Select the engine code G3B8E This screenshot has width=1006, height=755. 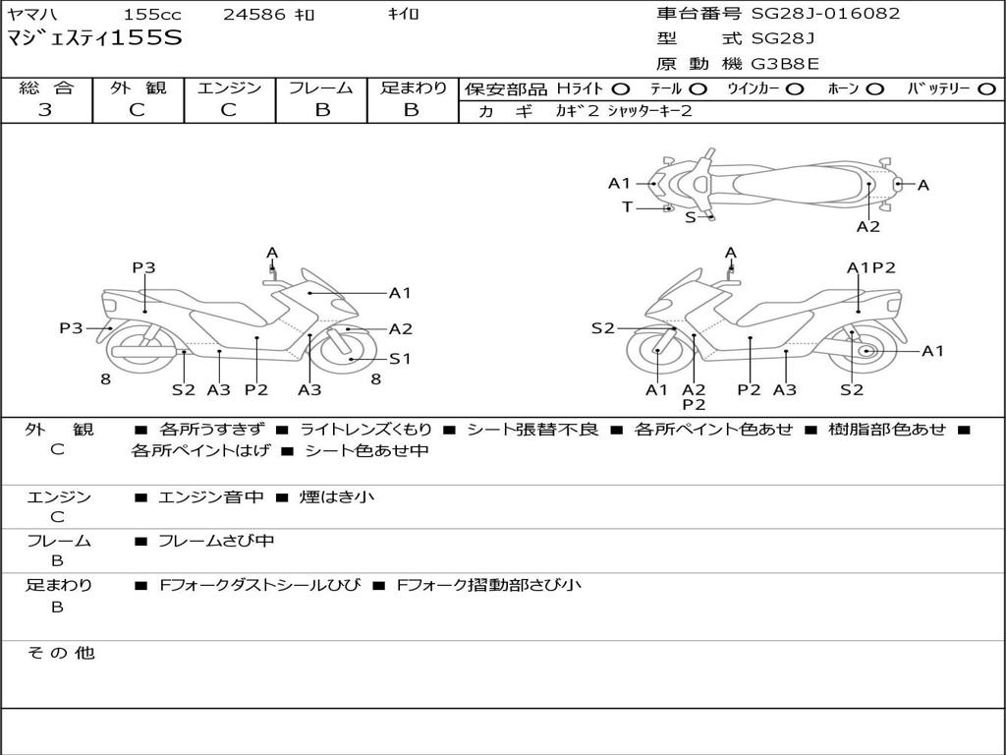(785, 65)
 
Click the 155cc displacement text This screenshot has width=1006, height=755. (152, 15)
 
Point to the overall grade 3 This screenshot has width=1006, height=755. (45, 110)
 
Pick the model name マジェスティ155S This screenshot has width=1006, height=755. (94, 39)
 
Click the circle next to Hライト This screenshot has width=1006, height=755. (622, 89)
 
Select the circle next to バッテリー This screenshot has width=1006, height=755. (986, 89)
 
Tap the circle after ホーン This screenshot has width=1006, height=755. (875, 89)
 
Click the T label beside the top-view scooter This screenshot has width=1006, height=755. (627, 206)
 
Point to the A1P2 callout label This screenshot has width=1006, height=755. (870, 267)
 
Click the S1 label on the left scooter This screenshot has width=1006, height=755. (400, 359)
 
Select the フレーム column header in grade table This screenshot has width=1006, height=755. (321, 87)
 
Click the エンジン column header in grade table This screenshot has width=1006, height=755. (229, 87)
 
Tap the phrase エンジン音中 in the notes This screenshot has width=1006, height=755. (211, 497)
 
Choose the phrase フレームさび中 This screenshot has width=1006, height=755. (216, 541)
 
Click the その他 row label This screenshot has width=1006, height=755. (61, 653)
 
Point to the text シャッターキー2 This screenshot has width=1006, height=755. (649, 111)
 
